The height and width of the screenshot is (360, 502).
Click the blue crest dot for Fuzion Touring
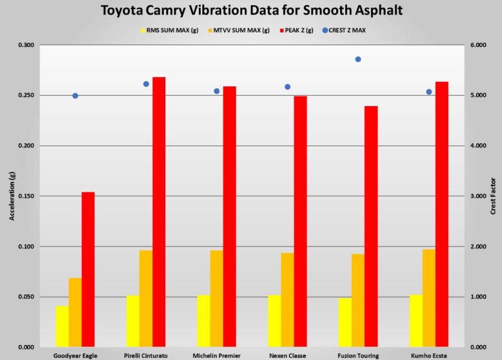point(358,59)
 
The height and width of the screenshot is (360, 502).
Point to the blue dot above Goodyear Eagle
point(75,95)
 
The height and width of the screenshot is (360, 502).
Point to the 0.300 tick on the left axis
point(26,45)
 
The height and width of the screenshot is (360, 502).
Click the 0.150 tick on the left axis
point(26,196)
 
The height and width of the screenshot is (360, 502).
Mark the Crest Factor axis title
point(494,196)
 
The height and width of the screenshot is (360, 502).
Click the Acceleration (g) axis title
point(11,196)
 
